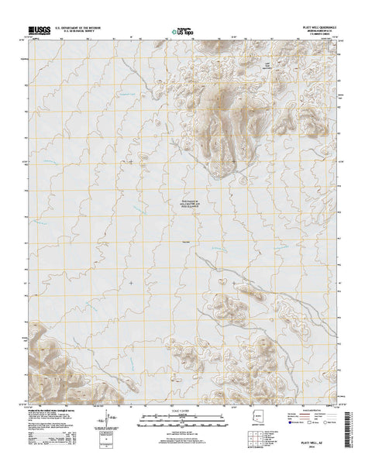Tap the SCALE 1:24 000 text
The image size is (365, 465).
182,411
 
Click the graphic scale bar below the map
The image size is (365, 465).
182,419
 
